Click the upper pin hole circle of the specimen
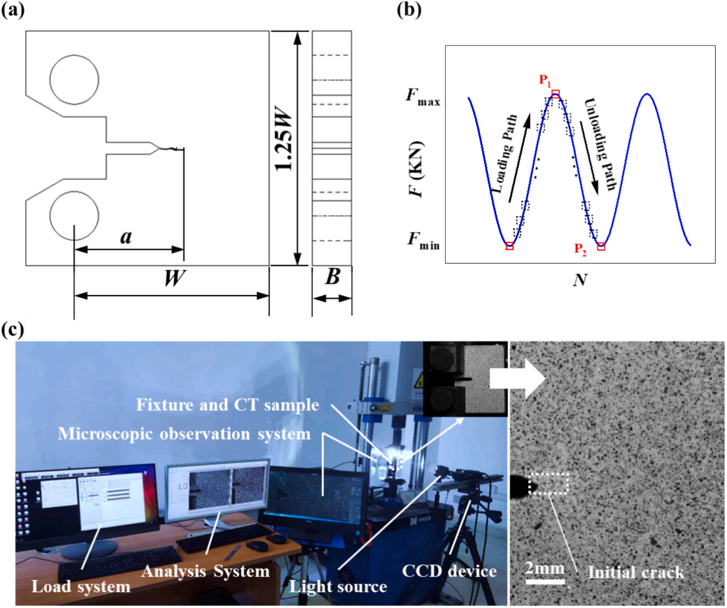coord(74,80)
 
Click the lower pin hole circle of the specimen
coord(74,216)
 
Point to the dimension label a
coord(127,237)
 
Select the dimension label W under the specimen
coord(174,278)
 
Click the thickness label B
coord(332,277)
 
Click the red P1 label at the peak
coord(545,80)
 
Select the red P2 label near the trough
coord(580,249)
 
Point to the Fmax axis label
coord(423,96)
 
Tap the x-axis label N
coord(580,279)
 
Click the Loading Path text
coord(505,155)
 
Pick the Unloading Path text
coord(600,144)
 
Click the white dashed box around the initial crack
coord(548,483)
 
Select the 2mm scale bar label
coord(545,568)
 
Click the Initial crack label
coord(635,572)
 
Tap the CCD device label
coord(449,571)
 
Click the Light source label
coord(338,586)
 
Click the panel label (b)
coord(409,10)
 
